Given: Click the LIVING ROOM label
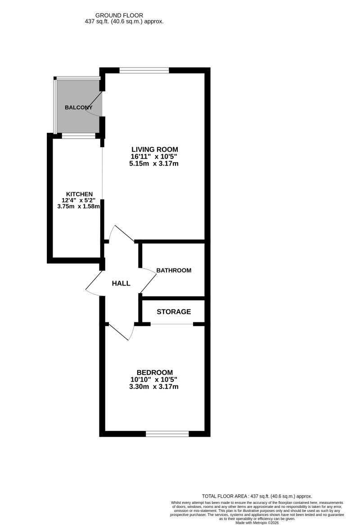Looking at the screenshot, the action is (154, 149).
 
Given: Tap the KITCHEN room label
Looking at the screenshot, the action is (79, 194).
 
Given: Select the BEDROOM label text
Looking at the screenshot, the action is (154, 372).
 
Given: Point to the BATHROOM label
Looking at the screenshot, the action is (174, 270).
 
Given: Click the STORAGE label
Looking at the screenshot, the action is (174, 312).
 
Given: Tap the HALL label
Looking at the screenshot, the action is (121, 284).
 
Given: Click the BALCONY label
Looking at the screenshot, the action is (79, 108).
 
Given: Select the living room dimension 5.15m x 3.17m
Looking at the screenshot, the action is (153, 164).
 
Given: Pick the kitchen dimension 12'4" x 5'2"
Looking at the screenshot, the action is (79, 200).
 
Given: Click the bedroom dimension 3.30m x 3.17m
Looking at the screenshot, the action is (153, 387).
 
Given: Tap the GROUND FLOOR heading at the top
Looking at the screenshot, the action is (119, 15).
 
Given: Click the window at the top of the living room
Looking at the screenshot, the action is (144, 70).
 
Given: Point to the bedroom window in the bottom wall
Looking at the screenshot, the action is (167, 434).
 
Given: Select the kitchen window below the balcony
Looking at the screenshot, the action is (79, 136).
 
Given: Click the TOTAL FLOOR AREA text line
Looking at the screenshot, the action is (257, 496).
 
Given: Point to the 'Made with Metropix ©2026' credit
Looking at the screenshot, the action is (257, 522).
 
